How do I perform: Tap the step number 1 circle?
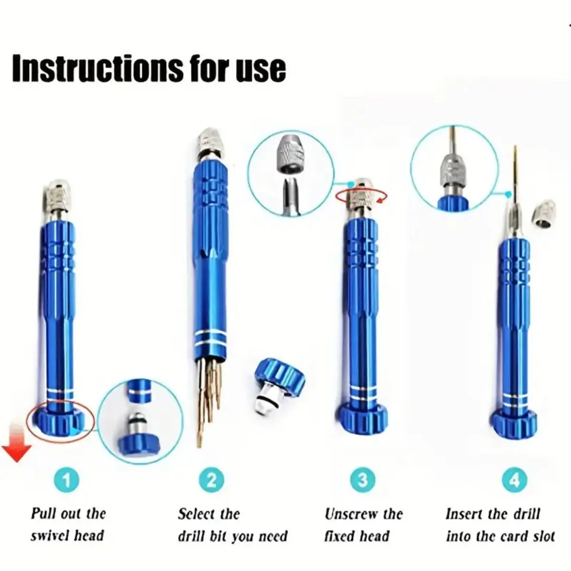tap(66, 480)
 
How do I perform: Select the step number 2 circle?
tap(211, 480)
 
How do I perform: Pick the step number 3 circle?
tap(363, 480)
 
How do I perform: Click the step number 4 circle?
tap(514, 480)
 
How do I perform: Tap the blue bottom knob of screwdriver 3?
tap(363, 418)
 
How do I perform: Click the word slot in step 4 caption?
tap(543, 536)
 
